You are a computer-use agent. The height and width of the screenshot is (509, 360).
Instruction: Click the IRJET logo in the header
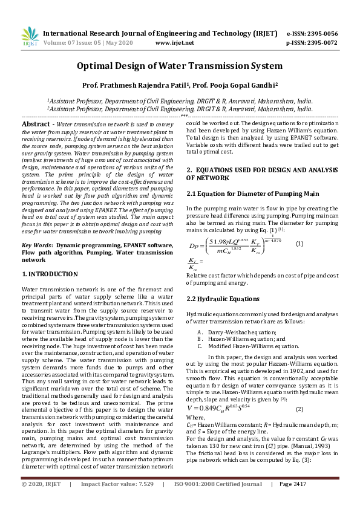pyautogui.click(x=28, y=37)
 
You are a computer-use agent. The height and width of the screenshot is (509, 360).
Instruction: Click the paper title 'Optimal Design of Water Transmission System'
pyautogui.click(x=180, y=65)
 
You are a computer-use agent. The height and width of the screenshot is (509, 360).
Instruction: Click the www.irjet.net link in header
pyautogui.click(x=175, y=44)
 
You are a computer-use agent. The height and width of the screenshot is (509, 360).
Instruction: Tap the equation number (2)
pyautogui.click(x=299, y=410)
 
